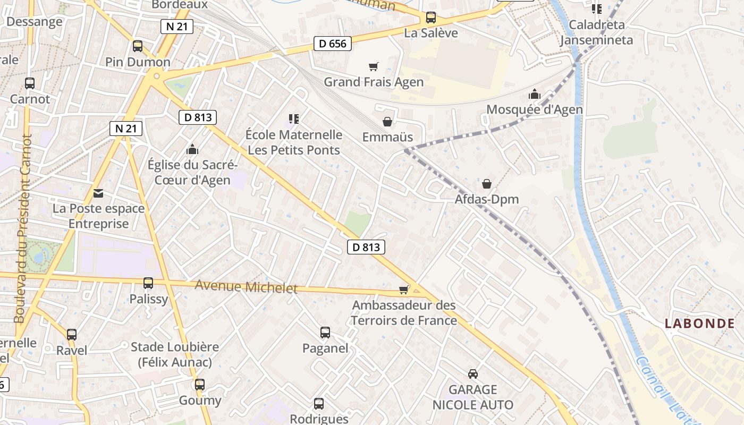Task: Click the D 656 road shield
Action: pos(333,44)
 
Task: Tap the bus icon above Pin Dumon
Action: pos(138,46)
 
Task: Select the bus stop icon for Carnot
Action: pos(30,83)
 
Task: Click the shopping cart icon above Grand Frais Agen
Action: pos(374,66)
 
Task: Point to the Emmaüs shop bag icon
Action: pos(387,122)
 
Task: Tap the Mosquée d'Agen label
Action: pos(535,109)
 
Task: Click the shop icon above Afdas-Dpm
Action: pos(486,184)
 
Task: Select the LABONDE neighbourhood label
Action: pos(700,323)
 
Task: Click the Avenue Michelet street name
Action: pos(246,286)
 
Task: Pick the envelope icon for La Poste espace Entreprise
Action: pos(98,193)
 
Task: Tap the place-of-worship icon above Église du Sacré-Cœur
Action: pos(192,149)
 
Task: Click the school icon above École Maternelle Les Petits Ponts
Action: pos(293,118)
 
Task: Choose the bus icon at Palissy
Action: pos(148,283)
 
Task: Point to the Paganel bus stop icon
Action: pos(325,333)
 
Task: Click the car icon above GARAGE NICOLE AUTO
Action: pos(472,374)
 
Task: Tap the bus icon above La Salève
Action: pos(430,18)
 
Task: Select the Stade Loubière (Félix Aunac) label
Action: pos(175,354)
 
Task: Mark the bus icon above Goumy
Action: pos(199,385)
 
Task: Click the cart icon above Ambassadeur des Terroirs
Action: pos(404,290)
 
